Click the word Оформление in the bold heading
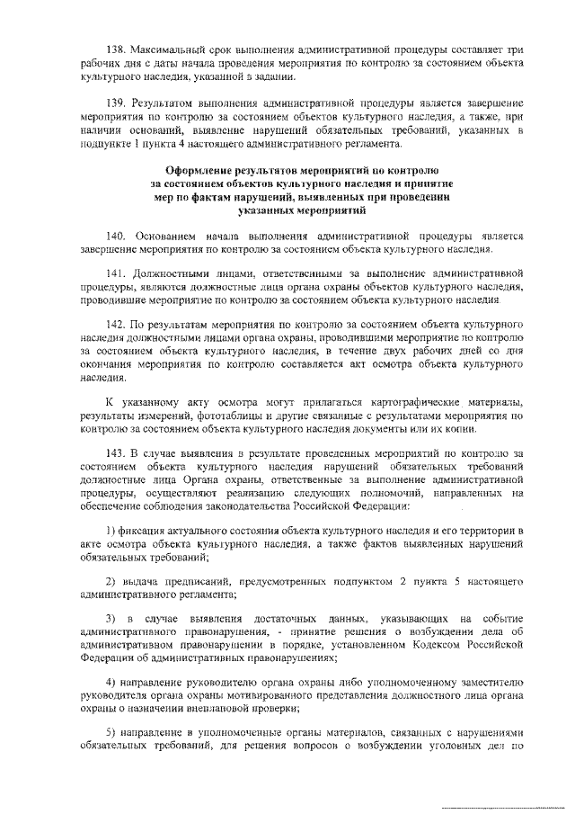coord(205,170)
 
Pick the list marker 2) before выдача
coord(111,583)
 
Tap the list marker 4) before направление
coord(111,681)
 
